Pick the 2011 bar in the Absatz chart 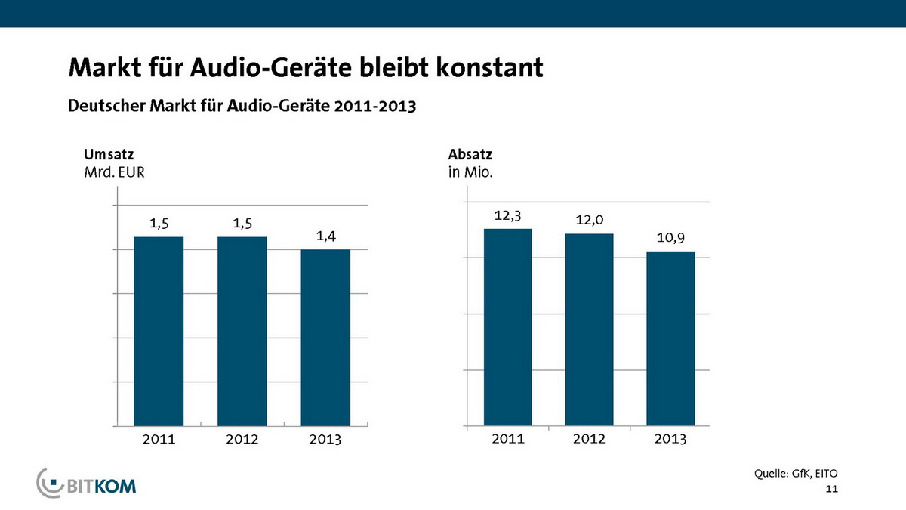tap(507, 327)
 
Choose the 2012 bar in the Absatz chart tap(589, 329)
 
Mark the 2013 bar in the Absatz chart tap(670, 338)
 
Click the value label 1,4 tap(325, 236)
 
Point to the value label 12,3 tap(507, 215)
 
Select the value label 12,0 tap(589, 221)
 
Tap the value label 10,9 tap(670, 239)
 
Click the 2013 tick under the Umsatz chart tap(325, 440)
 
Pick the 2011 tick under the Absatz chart tap(507, 439)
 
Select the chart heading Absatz tap(470, 155)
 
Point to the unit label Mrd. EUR tap(114, 172)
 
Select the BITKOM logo tap(87, 484)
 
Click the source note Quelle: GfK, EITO tap(796, 474)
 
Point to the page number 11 tap(832, 490)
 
